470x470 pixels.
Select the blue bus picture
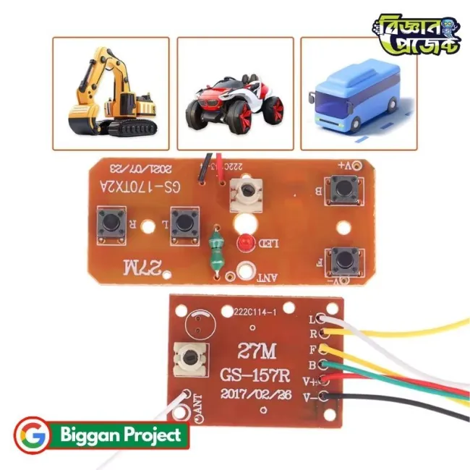point(354,97)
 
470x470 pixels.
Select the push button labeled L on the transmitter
point(184,221)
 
